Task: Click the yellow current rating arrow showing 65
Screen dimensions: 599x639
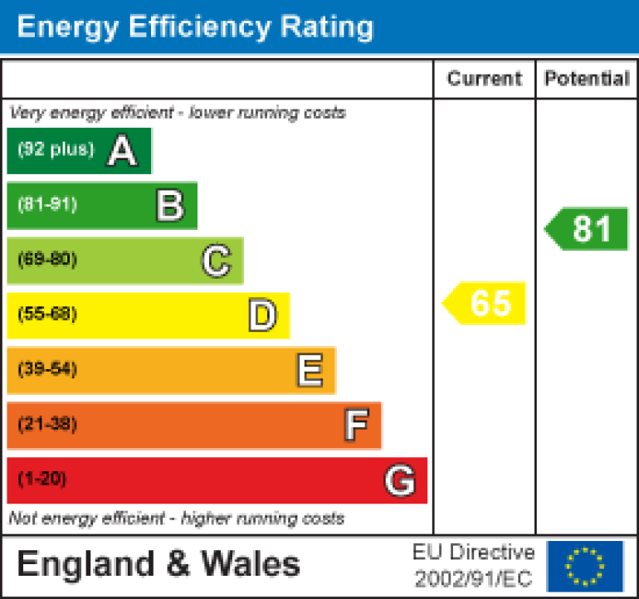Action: tap(485, 303)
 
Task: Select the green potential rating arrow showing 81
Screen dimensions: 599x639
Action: tap(588, 229)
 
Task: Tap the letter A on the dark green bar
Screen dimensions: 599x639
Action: tap(122, 151)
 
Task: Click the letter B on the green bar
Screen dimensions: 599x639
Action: tap(169, 206)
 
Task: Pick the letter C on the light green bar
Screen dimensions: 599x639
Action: tap(216, 261)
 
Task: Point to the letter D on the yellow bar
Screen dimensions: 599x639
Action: tap(262, 315)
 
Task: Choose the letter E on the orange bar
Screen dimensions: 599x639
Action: tap(310, 370)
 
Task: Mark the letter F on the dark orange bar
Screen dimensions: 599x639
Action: tap(356, 425)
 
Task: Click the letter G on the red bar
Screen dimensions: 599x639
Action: tap(400, 480)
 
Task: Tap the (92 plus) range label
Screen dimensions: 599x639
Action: tap(56, 150)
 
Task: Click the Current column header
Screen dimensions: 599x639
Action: tap(485, 79)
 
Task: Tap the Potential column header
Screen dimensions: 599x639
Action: tap(587, 79)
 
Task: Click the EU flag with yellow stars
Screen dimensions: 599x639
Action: tap(585, 566)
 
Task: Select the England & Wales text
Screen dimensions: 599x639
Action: tap(159, 565)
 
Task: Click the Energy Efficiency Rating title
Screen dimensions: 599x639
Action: tap(195, 27)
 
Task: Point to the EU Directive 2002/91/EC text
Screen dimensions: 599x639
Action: tap(474, 566)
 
